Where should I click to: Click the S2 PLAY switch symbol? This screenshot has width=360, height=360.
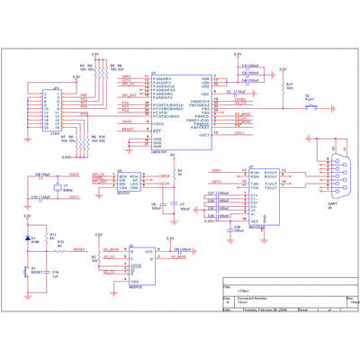(311, 106)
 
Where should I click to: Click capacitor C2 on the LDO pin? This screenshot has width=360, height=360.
(231, 92)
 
